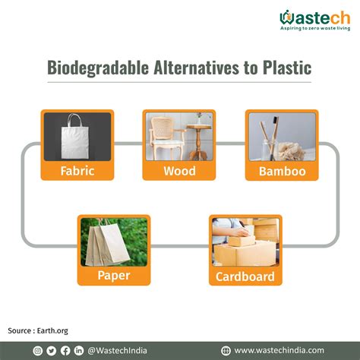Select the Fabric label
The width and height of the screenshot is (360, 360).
click(x=77, y=170)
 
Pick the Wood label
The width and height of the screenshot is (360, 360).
click(x=178, y=170)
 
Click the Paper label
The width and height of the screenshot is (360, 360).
click(x=113, y=275)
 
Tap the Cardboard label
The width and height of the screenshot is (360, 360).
click(x=245, y=276)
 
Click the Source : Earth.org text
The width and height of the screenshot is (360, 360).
click(x=39, y=330)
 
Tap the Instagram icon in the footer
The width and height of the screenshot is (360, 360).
click(x=38, y=350)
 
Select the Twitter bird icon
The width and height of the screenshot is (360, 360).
click(x=52, y=350)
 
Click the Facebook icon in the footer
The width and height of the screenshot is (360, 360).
click(x=65, y=350)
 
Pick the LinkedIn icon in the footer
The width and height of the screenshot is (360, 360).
click(x=79, y=350)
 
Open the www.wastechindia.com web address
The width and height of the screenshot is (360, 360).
click(x=279, y=350)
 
